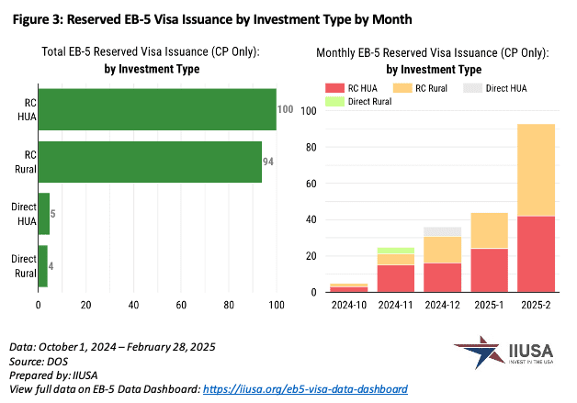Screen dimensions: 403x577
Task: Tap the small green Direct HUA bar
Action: click(x=43, y=214)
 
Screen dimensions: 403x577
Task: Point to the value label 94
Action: click(x=270, y=161)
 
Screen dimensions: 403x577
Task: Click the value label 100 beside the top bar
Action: click(x=285, y=110)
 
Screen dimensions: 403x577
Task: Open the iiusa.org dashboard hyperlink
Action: click(x=305, y=389)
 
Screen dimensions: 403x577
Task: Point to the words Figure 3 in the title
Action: click(x=39, y=19)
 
